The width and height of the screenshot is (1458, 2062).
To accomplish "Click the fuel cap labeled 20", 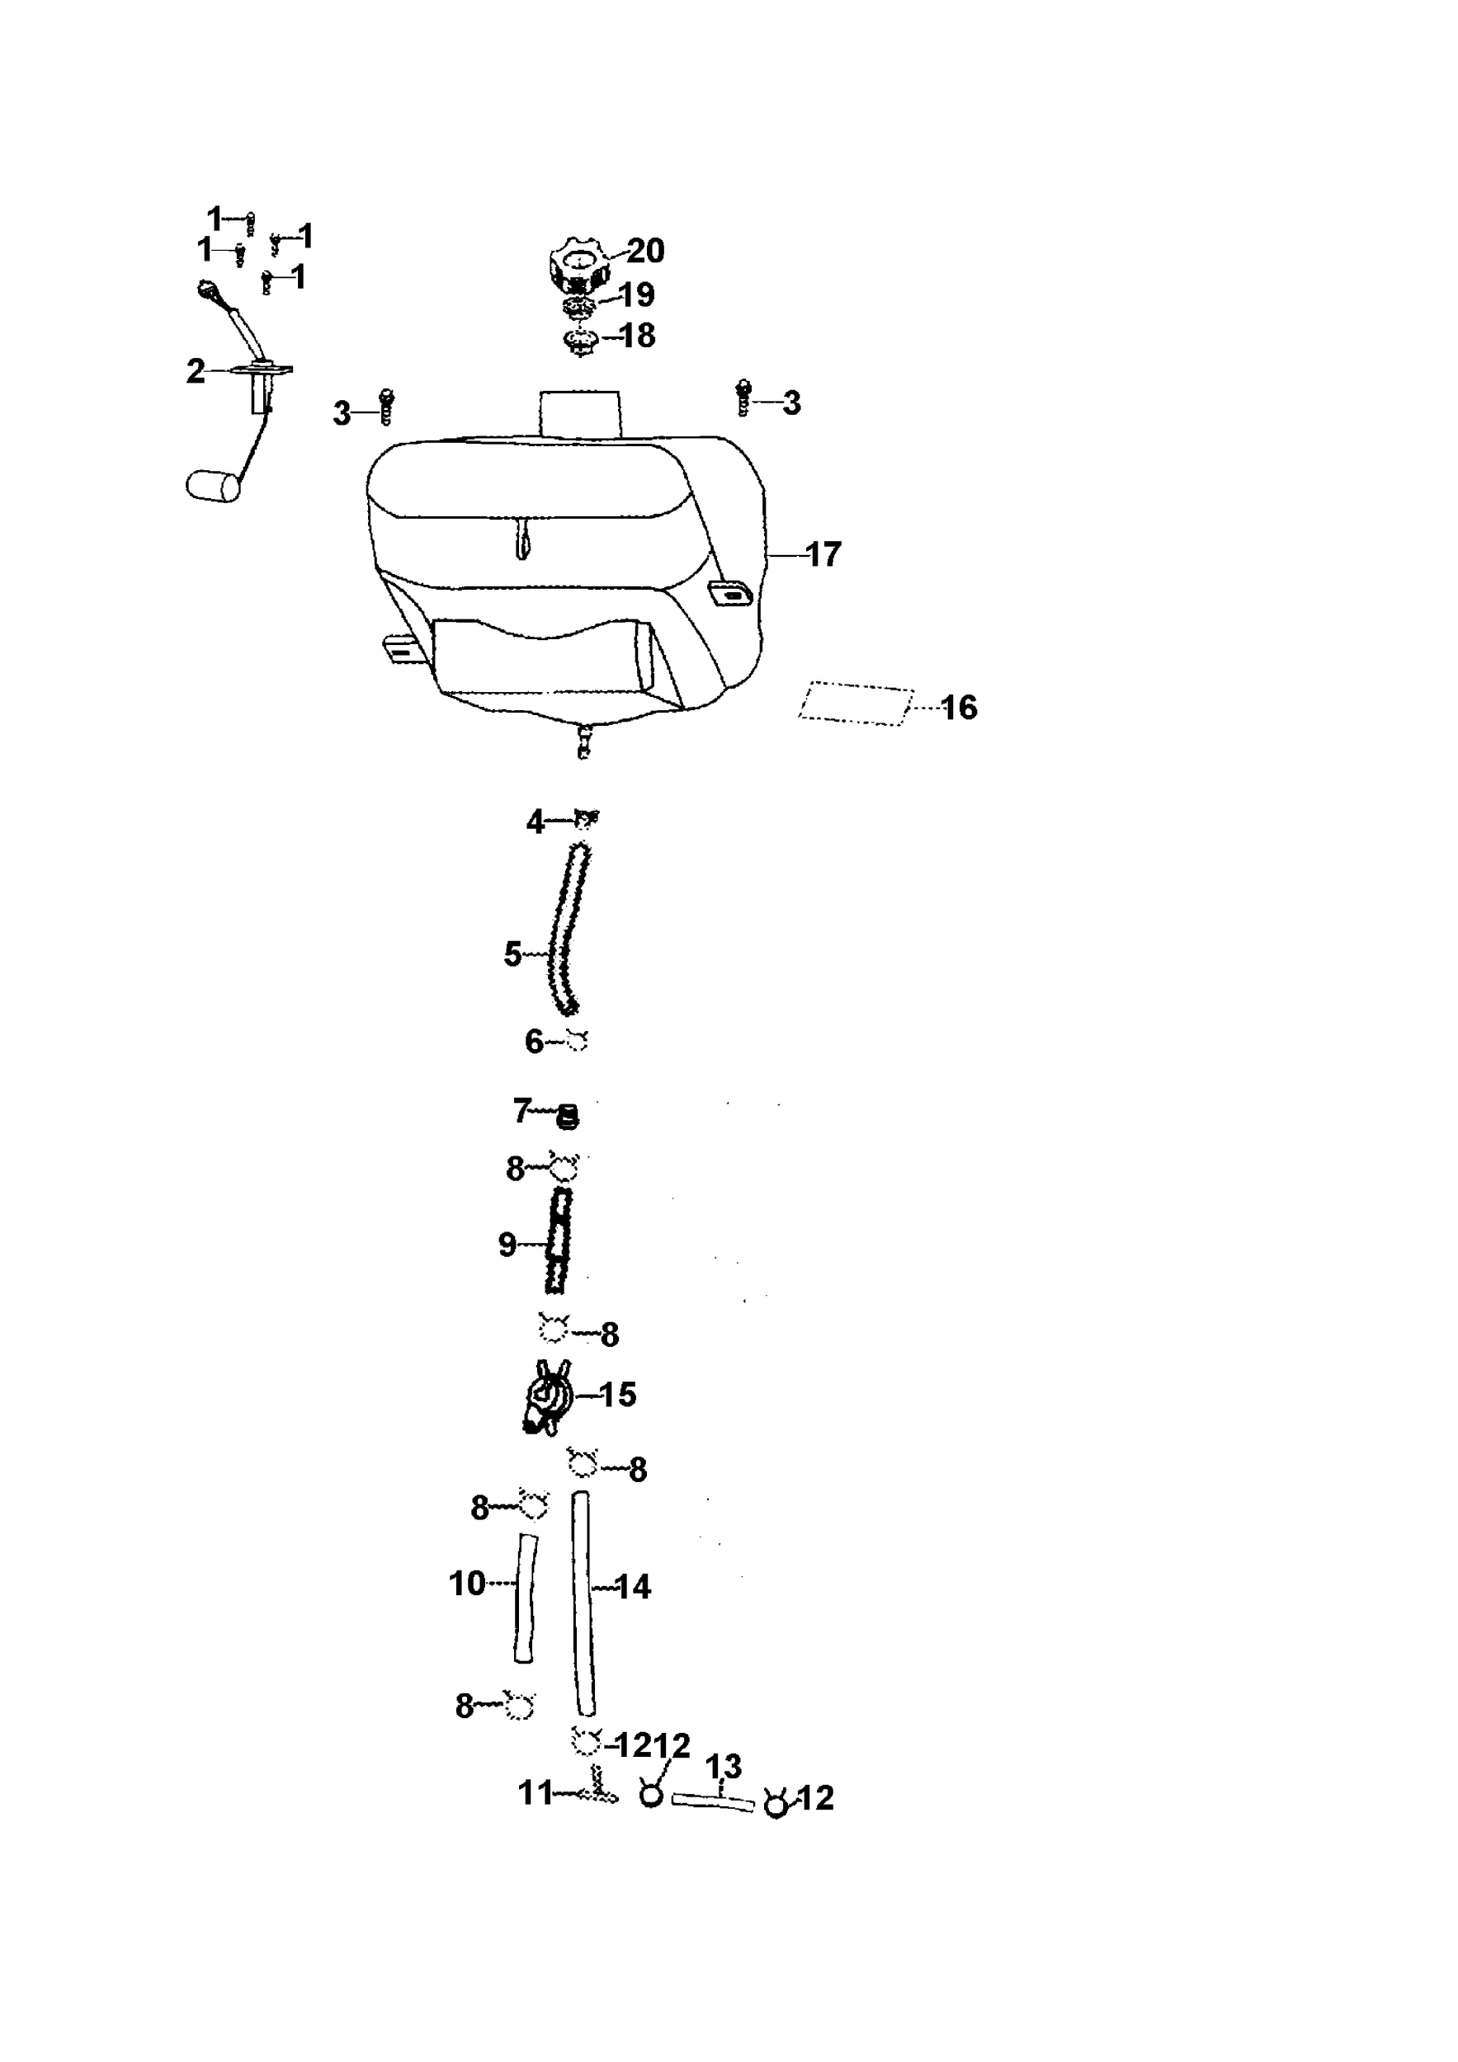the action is pyautogui.click(x=578, y=263).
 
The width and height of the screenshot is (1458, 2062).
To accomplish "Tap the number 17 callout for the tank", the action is pyautogui.click(x=823, y=554).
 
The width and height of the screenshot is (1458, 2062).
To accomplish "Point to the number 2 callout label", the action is pyautogui.click(x=196, y=371).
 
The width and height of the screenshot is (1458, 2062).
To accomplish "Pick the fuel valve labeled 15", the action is pyautogui.click(x=547, y=1401).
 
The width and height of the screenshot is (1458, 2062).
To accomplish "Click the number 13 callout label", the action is pyautogui.click(x=723, y=1767).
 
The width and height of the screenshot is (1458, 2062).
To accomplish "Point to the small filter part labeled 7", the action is pyautogui.click(x=568, y=1118).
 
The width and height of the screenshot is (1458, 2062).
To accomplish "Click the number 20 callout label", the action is pyautogui.click(x=645, y=251).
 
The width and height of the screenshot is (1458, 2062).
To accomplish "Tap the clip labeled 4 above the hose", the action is pyautogui.click(x=586, y=818).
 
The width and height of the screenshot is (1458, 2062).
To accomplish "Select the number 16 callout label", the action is pyautogui.click(x=960, y=708).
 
